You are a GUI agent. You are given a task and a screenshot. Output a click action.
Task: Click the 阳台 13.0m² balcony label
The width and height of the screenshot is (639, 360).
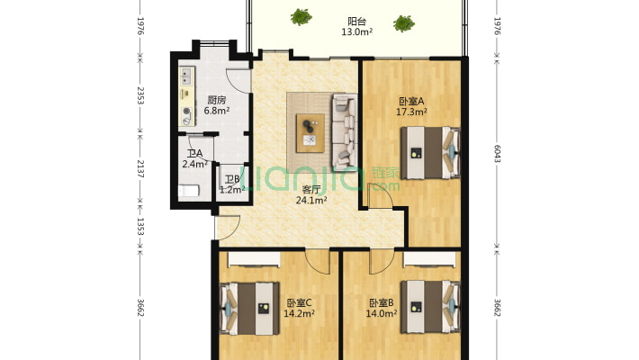(356, 26)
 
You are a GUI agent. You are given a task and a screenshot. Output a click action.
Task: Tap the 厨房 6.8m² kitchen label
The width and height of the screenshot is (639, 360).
(216, 104)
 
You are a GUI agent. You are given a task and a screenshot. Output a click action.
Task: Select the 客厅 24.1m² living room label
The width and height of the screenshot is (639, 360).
(311, 194)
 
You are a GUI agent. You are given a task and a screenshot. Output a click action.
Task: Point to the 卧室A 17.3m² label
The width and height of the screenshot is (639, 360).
(411, 106)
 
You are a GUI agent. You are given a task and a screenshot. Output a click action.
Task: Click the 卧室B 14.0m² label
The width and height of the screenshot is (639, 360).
(382, 308)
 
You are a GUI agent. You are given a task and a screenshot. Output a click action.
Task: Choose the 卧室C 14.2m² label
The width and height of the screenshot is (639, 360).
(299, 308)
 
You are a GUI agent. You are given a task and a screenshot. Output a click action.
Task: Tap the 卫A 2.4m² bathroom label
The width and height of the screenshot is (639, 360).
(194, 158)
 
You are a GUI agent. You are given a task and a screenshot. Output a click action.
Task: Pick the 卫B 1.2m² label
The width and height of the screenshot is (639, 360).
(232, 184)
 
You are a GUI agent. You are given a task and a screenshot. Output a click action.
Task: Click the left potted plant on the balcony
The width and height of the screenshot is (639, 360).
(301, 17)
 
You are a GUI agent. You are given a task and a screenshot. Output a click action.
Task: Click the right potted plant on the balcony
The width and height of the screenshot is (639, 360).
(404, 23)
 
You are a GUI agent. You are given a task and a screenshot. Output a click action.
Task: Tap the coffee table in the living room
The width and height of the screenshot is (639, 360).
(310, 133)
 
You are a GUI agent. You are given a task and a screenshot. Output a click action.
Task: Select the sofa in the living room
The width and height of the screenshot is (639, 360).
(345, 132)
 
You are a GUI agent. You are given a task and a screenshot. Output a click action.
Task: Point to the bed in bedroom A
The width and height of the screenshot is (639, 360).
(430, 153)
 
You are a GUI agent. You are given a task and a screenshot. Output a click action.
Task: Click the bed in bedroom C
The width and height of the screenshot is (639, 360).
(250, 309)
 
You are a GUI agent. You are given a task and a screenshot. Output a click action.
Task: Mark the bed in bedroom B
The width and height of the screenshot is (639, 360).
(430, 307)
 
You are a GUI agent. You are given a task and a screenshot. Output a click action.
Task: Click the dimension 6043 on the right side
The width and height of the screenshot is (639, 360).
(497, 153)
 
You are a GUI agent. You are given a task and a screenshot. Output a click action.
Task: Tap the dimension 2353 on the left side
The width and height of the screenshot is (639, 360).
(140, 95)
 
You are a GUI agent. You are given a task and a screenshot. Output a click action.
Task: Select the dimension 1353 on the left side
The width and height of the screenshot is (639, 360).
(140, 226)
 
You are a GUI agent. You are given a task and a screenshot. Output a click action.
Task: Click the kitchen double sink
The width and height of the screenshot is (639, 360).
(186, 76)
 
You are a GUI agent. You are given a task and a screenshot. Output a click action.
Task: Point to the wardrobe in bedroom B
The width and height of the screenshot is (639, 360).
(430, 259)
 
